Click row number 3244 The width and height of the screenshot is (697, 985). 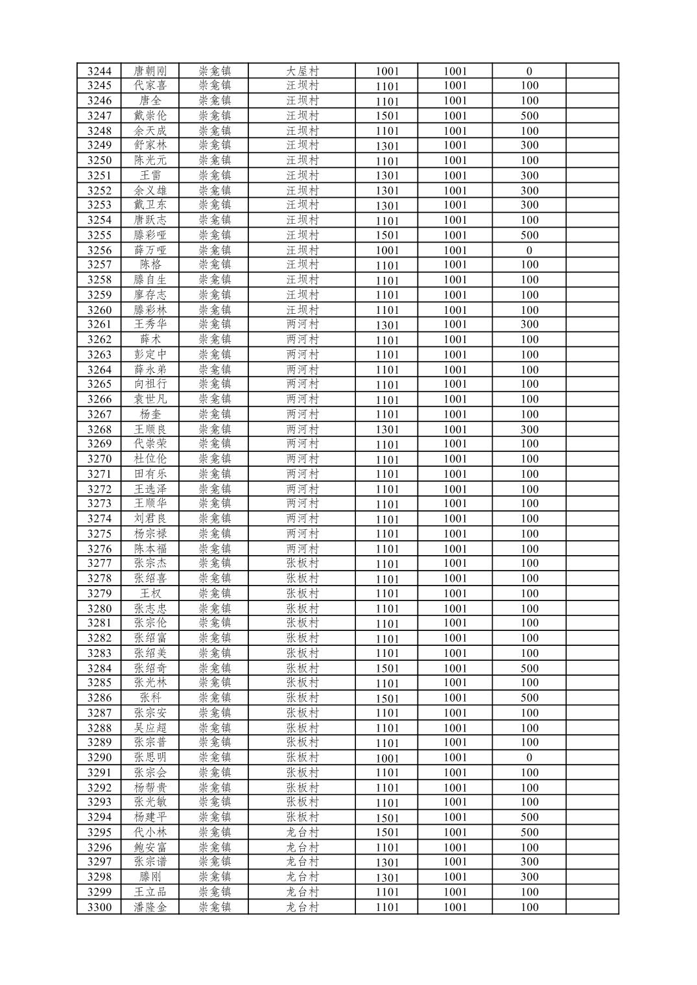point(99,71)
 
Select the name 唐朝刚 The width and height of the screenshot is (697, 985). point(150,71)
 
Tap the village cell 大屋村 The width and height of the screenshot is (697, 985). point(302,71)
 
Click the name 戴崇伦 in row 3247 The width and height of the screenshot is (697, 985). point(150,115)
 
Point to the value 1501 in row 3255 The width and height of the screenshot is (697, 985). point(387,235)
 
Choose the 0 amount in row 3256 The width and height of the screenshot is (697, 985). point(529,250)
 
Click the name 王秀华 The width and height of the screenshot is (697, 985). point(150,324)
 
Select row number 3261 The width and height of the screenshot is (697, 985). point(99,324)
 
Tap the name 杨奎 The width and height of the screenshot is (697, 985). point(150,414)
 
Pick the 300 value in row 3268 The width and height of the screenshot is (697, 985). point(529,429)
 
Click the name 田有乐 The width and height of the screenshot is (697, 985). point(150,474)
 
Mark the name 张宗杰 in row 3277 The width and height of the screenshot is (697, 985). point(150,563)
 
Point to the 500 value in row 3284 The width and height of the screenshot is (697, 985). point(529,668)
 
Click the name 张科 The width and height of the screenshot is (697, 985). point(150,698)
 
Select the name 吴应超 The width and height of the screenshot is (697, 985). point(150,728)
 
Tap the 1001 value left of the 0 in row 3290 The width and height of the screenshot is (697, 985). point(455,757)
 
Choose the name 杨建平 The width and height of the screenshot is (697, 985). point(150,817)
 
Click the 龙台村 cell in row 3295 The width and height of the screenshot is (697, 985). point(302,832)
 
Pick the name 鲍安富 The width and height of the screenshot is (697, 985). point(150,847)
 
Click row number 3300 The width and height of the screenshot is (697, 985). point(99,907)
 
